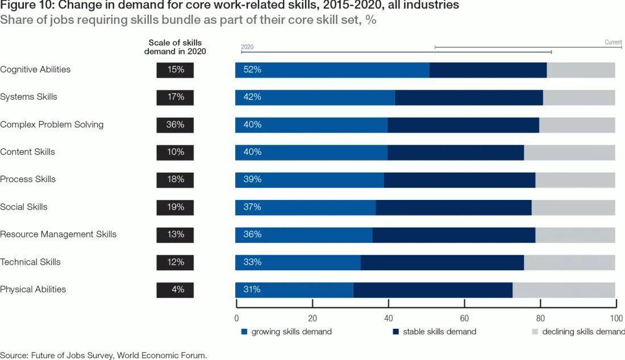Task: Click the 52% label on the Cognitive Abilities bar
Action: click(x=252, y=70)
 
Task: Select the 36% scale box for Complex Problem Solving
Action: click(x=175, y=125)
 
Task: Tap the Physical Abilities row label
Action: click(x=33, y=290)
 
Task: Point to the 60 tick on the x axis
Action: click(x=464, y=318)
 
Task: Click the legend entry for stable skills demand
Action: click(x=435, y=332)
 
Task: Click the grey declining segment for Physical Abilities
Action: click(x=564, y=290)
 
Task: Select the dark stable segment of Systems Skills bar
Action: click(x=469, y=97)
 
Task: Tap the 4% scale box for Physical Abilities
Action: click(x=175, y=290)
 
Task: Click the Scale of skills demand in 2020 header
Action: click(x=175, y=47)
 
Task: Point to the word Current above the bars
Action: click(x=613, y=43)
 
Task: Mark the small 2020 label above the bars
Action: click(x=247, y=47)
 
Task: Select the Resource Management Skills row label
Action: click(x=59, y=235)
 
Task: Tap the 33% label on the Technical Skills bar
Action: click(x=252, y=262)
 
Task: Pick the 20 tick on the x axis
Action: click(x=312, y=318)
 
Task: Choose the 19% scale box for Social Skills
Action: click(x=175, y=207)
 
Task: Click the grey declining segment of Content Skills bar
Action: click(x=569, y=152)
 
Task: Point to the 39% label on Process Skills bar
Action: click(x=252, y=179)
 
